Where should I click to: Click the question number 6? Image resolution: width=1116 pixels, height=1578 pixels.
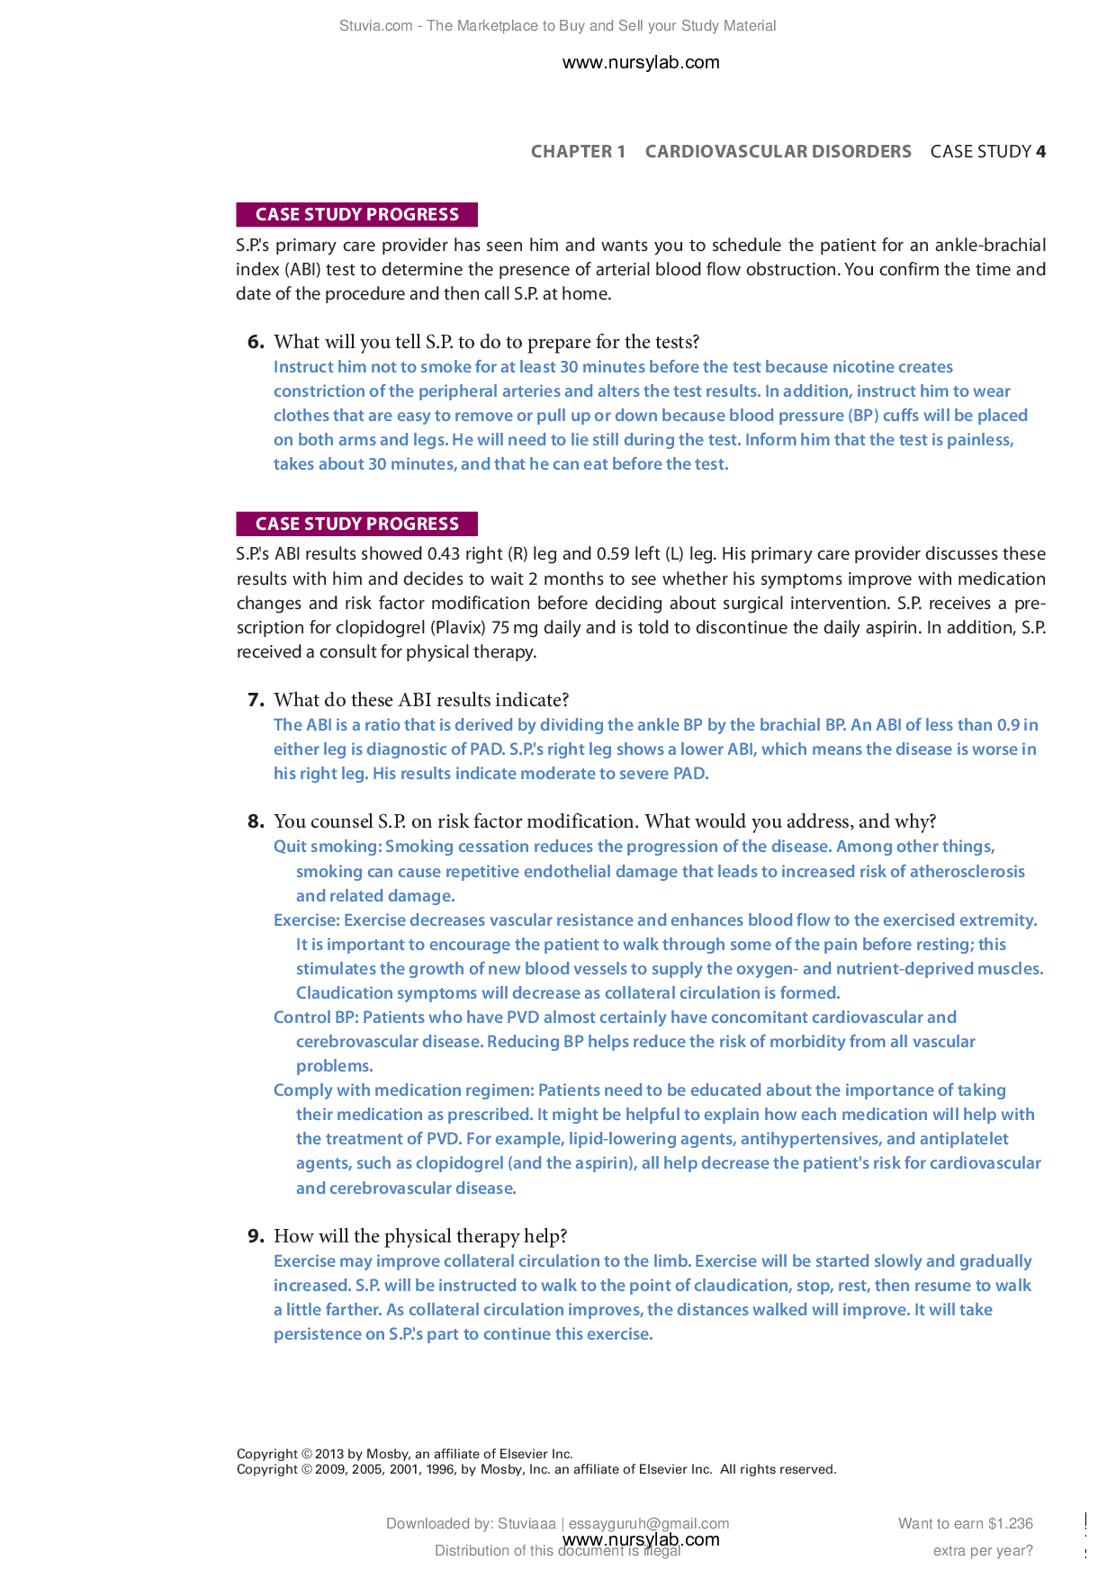coord(256,342)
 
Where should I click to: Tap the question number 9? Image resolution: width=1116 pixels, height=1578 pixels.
coord(256,1236)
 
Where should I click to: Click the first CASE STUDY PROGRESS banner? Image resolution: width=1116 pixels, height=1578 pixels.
coord(356,214)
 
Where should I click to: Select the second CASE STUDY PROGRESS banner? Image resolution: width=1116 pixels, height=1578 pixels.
coord(356,524)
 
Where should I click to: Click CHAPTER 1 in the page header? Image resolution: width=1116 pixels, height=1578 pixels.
coord(578,151)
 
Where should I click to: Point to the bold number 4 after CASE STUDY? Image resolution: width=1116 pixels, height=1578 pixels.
coord(1040,151)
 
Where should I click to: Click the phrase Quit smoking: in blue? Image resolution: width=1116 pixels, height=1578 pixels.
coord(328,847)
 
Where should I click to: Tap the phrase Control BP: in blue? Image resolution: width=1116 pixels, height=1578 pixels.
coord(316,1018)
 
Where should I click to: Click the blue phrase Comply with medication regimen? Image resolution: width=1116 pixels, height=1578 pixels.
coord(403,1090)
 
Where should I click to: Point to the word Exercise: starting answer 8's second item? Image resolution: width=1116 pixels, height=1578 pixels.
coord(307,920)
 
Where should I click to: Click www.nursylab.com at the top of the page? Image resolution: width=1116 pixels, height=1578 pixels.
coord(641,62)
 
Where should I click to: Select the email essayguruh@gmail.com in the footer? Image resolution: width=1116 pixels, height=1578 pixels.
coord(648,1523)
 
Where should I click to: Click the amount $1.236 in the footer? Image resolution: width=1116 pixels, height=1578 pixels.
coord(1010,1523)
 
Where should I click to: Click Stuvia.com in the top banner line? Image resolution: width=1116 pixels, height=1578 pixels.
coord(375,26)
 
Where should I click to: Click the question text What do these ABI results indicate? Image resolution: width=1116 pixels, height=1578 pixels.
coord(421,700)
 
